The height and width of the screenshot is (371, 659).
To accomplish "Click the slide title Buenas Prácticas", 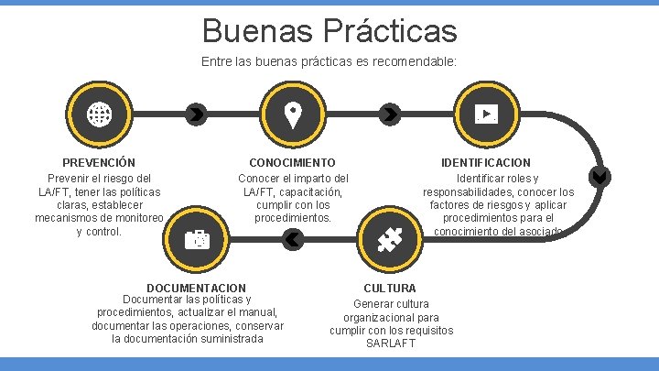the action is point(329,29).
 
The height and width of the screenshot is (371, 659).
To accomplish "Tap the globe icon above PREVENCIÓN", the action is point(98,115).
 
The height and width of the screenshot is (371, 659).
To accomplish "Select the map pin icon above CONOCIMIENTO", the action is point(292,115).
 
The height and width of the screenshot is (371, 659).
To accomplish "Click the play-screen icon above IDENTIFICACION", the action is point(486,115).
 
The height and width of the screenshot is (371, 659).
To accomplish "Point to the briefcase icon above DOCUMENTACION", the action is point(196,240).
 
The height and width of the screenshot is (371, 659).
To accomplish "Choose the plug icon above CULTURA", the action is point(390,240).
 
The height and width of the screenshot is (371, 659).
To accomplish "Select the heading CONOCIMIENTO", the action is point(292,162).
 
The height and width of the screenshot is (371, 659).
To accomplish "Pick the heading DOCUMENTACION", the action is point(196,288).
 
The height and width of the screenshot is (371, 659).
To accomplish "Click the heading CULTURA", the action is point(390,288).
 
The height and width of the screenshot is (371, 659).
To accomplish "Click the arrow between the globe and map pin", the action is point(195,115).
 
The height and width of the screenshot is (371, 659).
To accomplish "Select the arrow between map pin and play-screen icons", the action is point(390,115).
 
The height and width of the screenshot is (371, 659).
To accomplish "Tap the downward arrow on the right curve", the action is point(600,177).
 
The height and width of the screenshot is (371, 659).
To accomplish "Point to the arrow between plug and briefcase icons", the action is point(292,240).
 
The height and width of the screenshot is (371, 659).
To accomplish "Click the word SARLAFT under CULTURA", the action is point(391,344).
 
